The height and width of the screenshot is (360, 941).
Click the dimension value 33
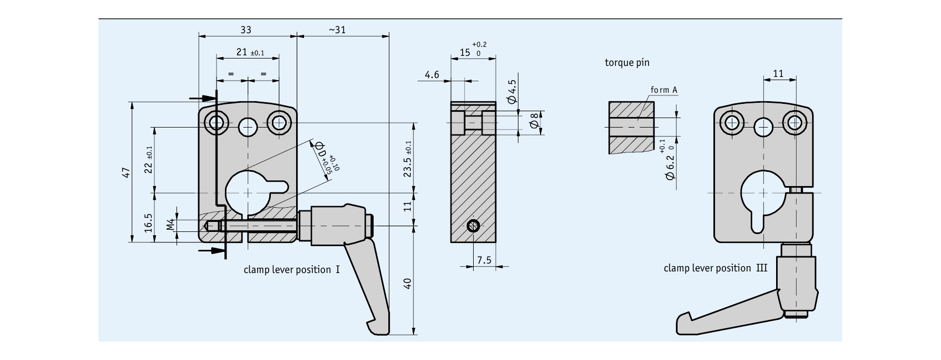[x=246, y=30]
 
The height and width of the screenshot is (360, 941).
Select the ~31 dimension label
[x=337, y=30]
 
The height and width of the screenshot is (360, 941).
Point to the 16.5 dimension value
[x=148, y=222]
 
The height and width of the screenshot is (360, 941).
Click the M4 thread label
[x=170, y=225]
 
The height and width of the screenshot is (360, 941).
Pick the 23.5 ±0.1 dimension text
[x=408, y=159]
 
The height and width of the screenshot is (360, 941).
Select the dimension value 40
[x=407, y=284]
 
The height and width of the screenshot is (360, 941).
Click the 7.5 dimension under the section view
[x=484, y=260]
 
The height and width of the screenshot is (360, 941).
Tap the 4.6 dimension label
[x=432, y=75]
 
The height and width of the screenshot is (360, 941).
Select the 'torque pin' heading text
[x=627, y=63]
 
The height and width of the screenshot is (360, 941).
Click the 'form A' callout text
[x=663, y=90]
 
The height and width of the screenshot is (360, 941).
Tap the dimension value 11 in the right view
[x=778, y=74]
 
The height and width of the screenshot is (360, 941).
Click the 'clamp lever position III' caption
[x=715, y=268]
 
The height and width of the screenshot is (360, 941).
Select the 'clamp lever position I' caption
[x=291, y=270]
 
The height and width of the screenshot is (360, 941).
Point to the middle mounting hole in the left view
[x=247, y=126]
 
